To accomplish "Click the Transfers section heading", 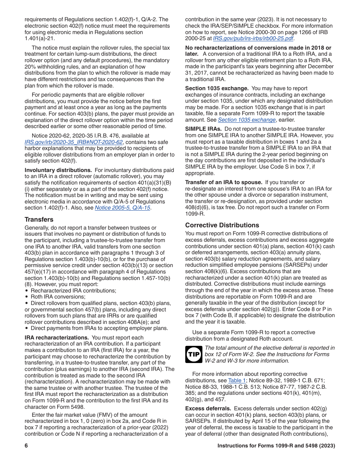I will tap(39, 219).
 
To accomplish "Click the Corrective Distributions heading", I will tap(222, 225).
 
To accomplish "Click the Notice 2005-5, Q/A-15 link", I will tap(122, 208).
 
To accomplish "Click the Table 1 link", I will tap(237, 380).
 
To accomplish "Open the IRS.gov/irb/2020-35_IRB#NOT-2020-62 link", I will tap(74, 142).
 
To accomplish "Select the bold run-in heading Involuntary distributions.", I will tap(58, 170).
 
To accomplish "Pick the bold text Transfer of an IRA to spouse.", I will tap(224, 183).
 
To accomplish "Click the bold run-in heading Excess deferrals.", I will tap(208, 408).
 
